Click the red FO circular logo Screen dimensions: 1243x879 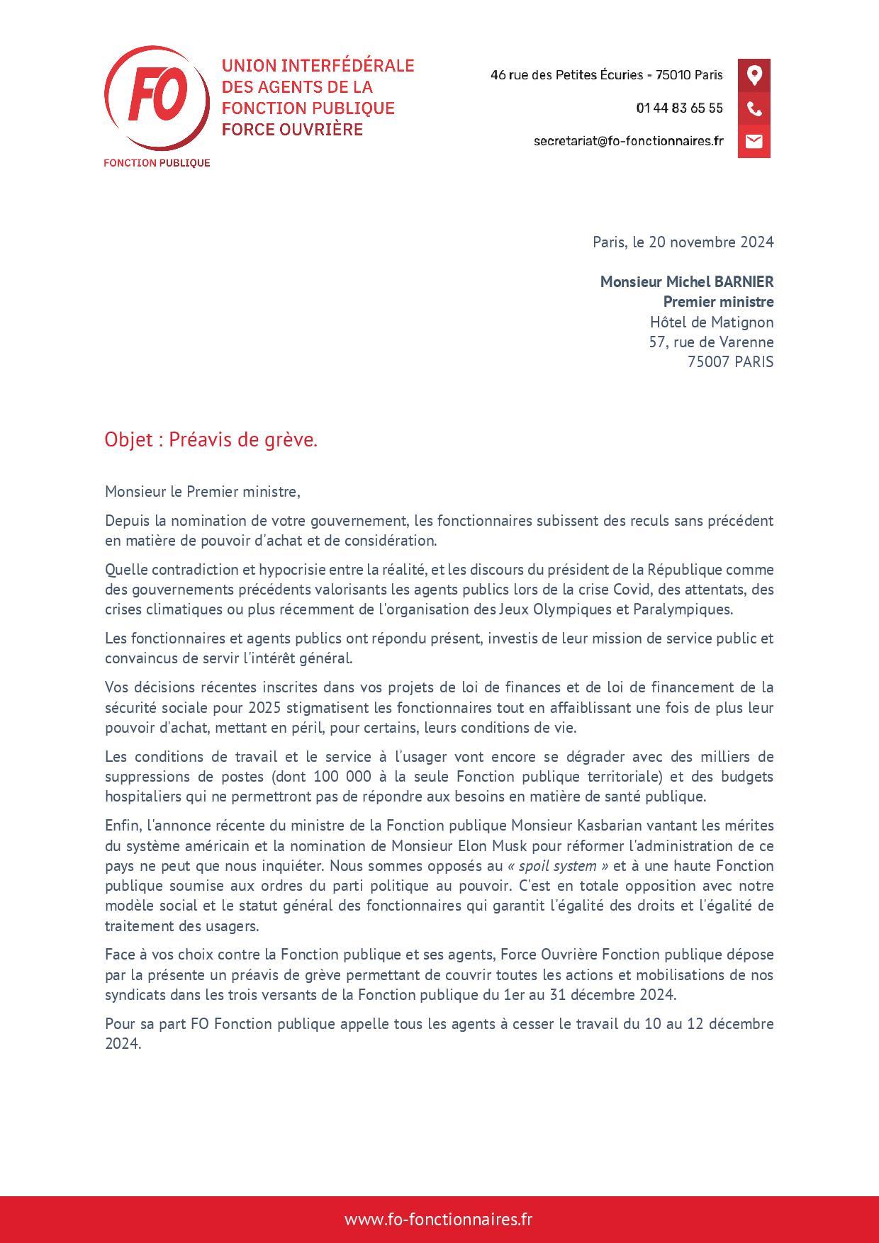[x=157, y=98]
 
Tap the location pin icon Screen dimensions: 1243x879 [x=754, y=75]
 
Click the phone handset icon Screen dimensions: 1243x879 [x=754, y=108]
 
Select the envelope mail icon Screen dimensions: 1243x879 [x=754, y=141]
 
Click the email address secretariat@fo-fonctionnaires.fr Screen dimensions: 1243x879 [x=628, y=141]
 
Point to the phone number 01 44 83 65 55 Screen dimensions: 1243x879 [x=679, y=108]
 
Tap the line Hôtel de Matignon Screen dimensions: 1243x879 [x=711, y=322]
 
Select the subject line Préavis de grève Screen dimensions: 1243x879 [x=243, y=440]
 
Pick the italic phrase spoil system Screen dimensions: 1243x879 [x=557, y=865]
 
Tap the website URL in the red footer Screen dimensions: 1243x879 [x=438, y=1219]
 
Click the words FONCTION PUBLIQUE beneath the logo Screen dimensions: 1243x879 [x=157, y=163]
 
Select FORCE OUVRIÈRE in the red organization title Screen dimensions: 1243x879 [x=292, y=129]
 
